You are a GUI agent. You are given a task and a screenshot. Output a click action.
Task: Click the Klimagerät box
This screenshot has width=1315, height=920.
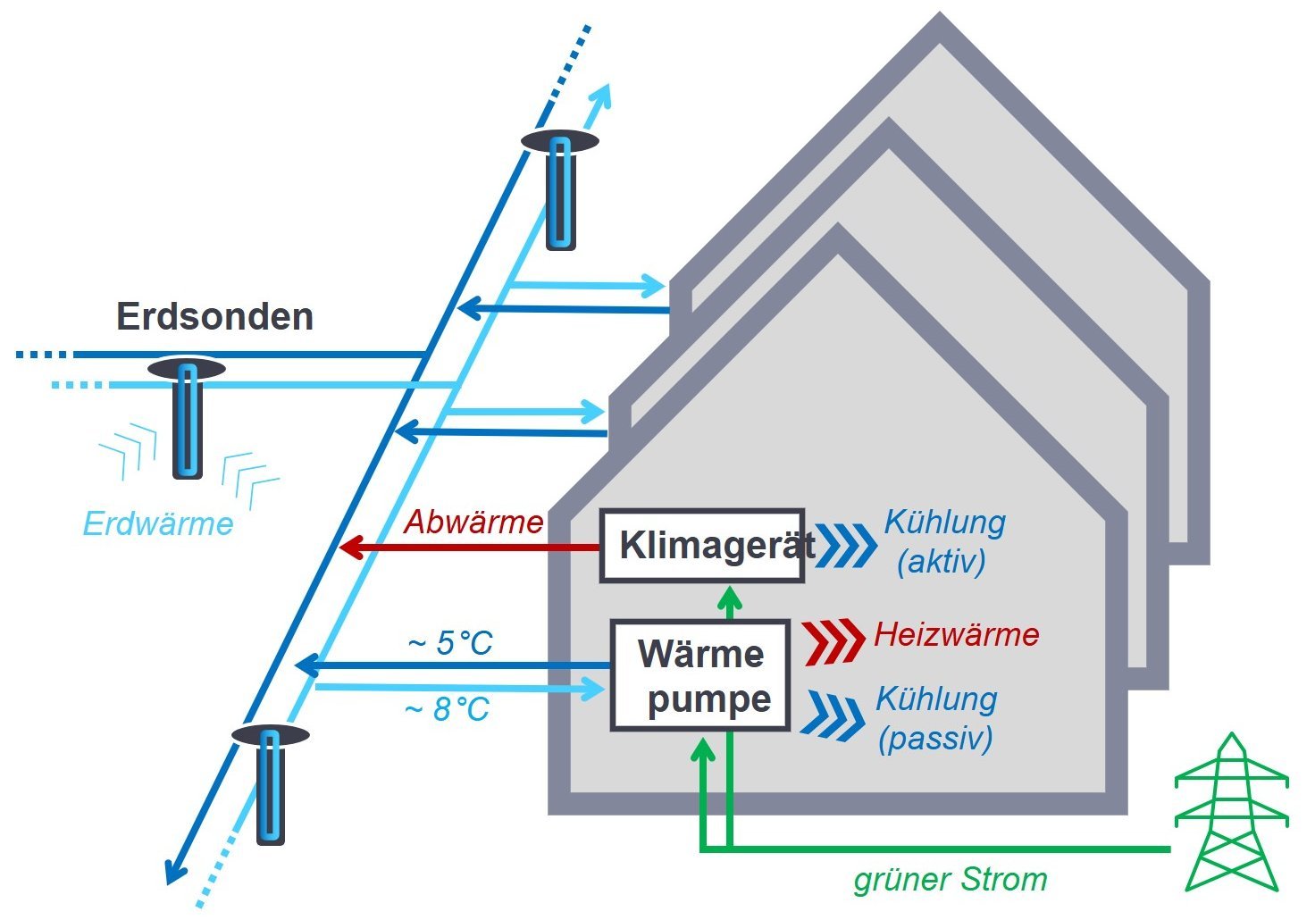point(701,545)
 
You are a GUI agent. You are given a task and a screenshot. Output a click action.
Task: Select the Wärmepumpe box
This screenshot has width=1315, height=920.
point(700,676)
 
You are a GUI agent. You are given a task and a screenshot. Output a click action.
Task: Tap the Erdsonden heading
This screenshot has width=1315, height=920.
point(214,317)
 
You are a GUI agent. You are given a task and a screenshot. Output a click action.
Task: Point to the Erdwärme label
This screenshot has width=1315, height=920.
point(158,523)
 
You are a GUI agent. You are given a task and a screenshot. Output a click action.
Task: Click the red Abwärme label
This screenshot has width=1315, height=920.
point(473,522)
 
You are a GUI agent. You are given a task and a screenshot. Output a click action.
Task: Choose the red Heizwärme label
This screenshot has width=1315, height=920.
point(956,635)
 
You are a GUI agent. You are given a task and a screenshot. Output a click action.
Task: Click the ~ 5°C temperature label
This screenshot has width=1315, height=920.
point(450,643)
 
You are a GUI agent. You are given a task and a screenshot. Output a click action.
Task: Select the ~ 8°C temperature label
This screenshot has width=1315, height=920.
point(447,709)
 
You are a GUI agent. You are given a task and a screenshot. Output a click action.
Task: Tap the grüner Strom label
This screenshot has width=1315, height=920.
point(951,880)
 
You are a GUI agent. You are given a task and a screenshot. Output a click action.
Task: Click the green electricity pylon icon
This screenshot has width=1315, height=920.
point(1231,813)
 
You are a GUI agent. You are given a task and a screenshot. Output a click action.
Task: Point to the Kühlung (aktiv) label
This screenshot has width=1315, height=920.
point(944,541)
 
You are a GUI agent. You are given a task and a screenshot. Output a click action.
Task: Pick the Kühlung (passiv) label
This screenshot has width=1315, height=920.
point(936,718)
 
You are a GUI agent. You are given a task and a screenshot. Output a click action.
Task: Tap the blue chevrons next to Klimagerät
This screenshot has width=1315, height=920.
point(845,546)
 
